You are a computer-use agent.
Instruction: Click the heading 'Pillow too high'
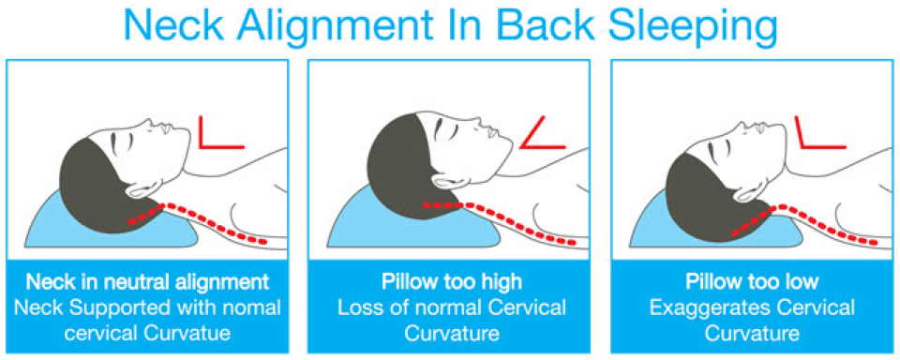(451, 281)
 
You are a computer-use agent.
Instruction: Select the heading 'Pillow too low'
(752, 281)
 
